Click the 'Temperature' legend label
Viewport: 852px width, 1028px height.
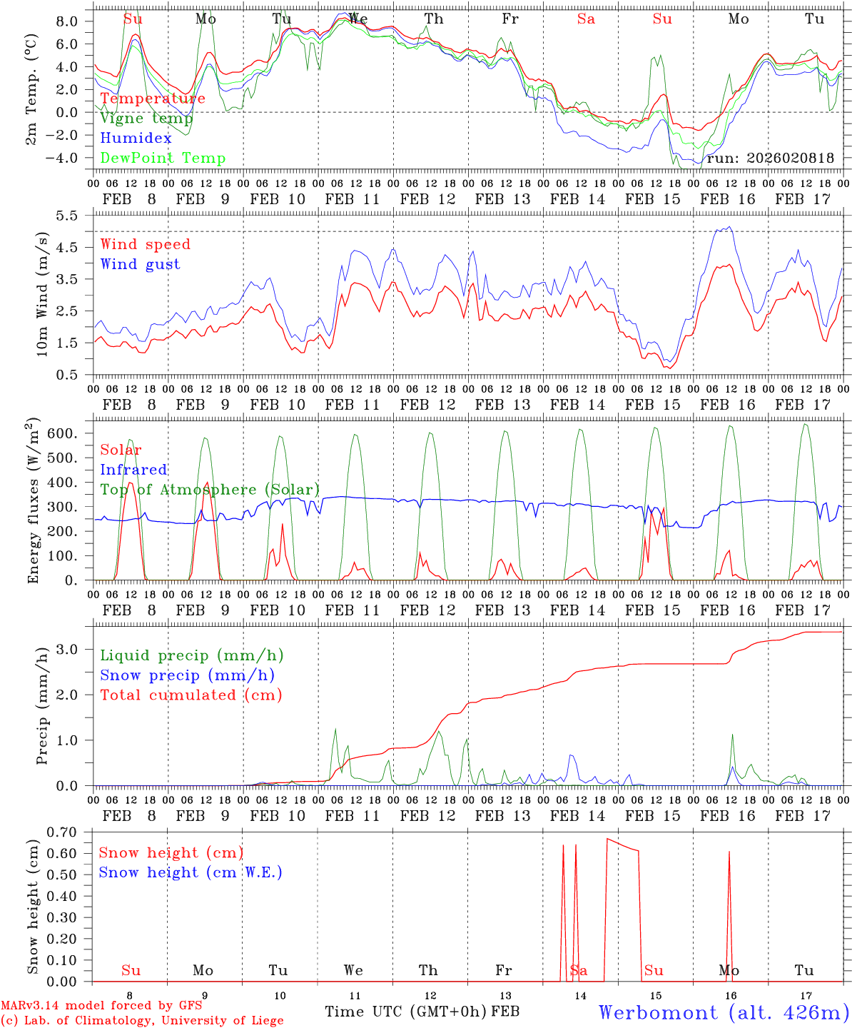(x=153, y=99)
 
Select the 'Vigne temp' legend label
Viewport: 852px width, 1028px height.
(x=146, y=119)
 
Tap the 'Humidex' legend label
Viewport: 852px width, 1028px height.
(x=136, y=138)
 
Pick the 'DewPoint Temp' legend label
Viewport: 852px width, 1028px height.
(x=163, y=158)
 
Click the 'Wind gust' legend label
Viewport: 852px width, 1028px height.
(x=141, y=264)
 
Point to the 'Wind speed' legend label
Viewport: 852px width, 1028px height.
(x=146, y=244)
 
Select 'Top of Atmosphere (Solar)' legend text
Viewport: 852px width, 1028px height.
(x=210, y=490)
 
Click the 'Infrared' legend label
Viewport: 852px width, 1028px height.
(x=133, y=470)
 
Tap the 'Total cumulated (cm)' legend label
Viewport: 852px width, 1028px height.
(x=191, y=695)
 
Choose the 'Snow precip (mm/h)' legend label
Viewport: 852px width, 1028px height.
(x=188, y=675)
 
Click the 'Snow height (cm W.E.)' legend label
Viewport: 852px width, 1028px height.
(x=191, y=872)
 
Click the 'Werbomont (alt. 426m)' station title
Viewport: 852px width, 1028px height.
(x=724, y=1012)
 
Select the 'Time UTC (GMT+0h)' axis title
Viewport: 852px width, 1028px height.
(x=406, y=1012)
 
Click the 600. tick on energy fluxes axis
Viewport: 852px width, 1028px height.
(x=70, y=434)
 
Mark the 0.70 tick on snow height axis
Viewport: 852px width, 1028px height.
(x=71, y=832)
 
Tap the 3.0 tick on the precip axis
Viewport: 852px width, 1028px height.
(x=75, y=649)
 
